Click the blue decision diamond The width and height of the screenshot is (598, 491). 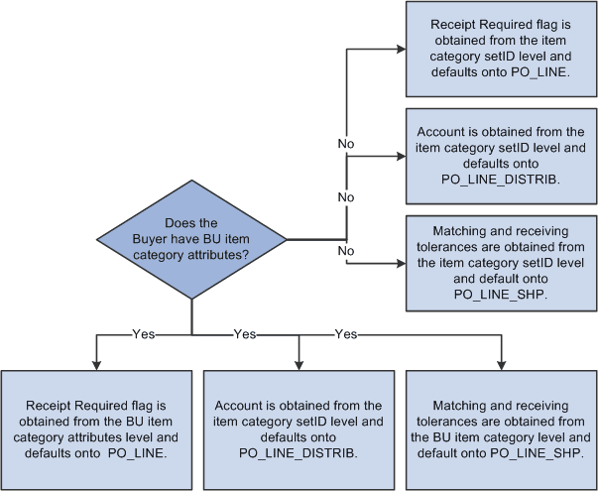191,238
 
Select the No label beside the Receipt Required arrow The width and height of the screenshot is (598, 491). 346,144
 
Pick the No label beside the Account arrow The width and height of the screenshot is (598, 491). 346,197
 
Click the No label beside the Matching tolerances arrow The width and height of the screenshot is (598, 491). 346,251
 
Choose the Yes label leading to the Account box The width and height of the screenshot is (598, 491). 245,334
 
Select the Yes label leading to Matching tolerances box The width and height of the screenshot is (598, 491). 346,334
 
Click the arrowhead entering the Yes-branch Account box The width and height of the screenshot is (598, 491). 299,364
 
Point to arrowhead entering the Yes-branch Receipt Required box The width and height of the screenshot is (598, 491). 96,364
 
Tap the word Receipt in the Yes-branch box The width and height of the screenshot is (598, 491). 56,407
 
